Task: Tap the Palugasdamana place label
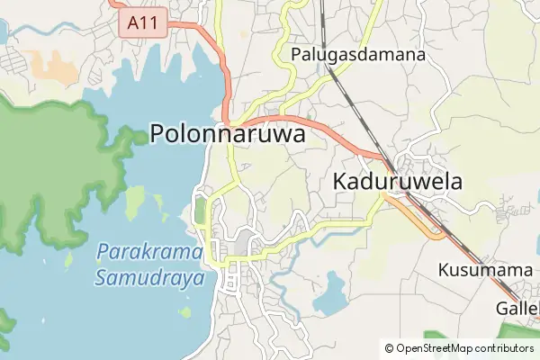click(358, 55)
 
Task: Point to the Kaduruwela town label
click(398, 181)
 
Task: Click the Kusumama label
click(486, 270)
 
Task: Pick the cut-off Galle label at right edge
click(517, 309)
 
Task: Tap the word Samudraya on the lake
click(149, 277)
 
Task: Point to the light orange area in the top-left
click(56, 65)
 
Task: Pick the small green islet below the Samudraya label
click(185, 312)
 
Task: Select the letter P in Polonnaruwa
click(158, 134)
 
